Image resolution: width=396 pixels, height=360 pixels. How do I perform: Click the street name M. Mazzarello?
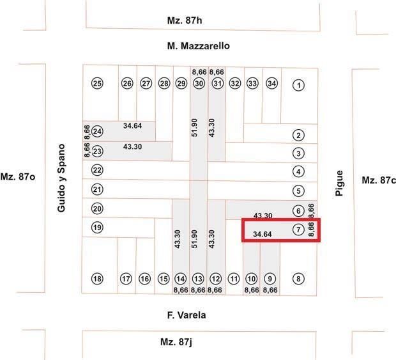pos(198,46)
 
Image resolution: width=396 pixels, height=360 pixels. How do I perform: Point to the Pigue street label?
pos(339,183)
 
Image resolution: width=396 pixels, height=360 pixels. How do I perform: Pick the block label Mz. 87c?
pos(378,180)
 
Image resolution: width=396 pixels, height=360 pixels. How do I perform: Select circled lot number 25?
pos(97,83)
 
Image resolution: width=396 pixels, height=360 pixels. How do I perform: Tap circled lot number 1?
pos(298,84)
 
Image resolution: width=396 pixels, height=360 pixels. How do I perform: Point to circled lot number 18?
pos(97,279)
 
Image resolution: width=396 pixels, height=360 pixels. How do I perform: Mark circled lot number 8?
pos(298,279)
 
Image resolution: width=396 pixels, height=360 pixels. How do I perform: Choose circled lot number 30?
pos(199,83)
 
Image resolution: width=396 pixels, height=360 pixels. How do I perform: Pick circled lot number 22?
pos(97,170)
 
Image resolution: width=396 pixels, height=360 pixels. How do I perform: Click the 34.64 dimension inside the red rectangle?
pos(263,235)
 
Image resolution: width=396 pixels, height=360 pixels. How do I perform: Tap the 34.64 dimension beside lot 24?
pos(132,125)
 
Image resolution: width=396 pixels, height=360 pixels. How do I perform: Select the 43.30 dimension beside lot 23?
pos(132,146)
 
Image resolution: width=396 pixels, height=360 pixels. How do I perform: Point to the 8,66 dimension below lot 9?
pos(270,290)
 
